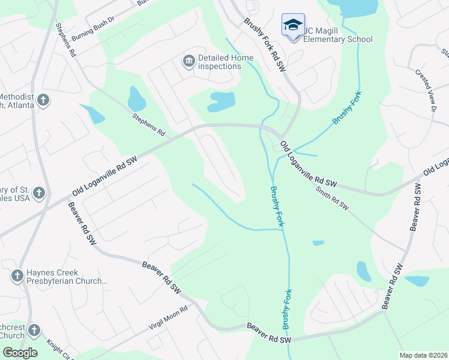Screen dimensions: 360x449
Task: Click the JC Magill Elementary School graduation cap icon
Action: tap(293, 25)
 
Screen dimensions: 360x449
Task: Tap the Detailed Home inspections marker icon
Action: tap(188, 61)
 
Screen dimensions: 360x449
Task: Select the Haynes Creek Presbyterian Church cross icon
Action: tap(17, 276)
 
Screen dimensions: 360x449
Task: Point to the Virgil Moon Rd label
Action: tap(169, 319)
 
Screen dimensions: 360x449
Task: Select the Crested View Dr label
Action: tap(425, 90)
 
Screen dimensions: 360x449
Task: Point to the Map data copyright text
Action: tap(423, 355)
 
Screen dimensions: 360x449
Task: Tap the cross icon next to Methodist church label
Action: tap(43, 100)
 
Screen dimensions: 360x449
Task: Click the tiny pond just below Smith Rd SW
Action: tap(318, 243)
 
